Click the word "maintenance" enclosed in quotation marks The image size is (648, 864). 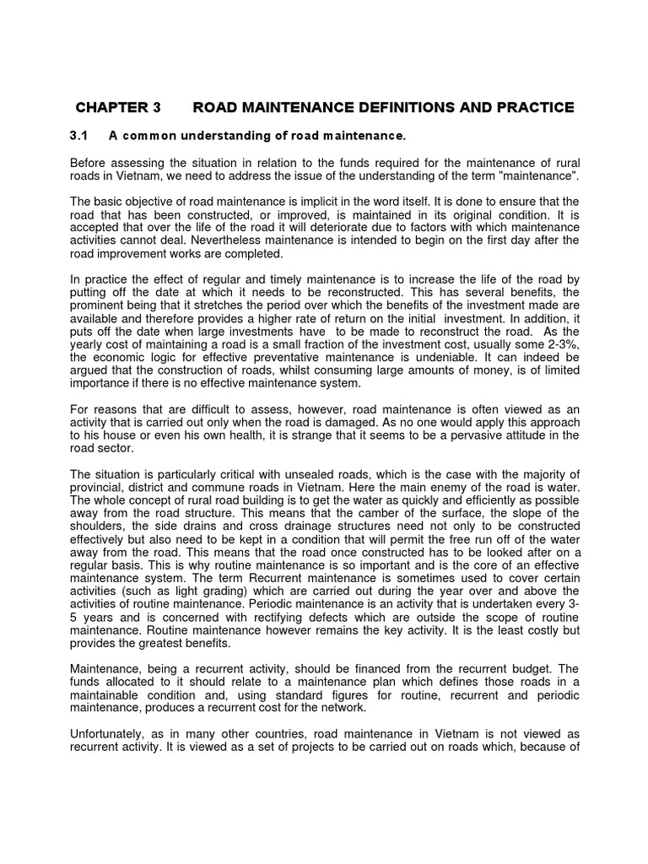point(537,175)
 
